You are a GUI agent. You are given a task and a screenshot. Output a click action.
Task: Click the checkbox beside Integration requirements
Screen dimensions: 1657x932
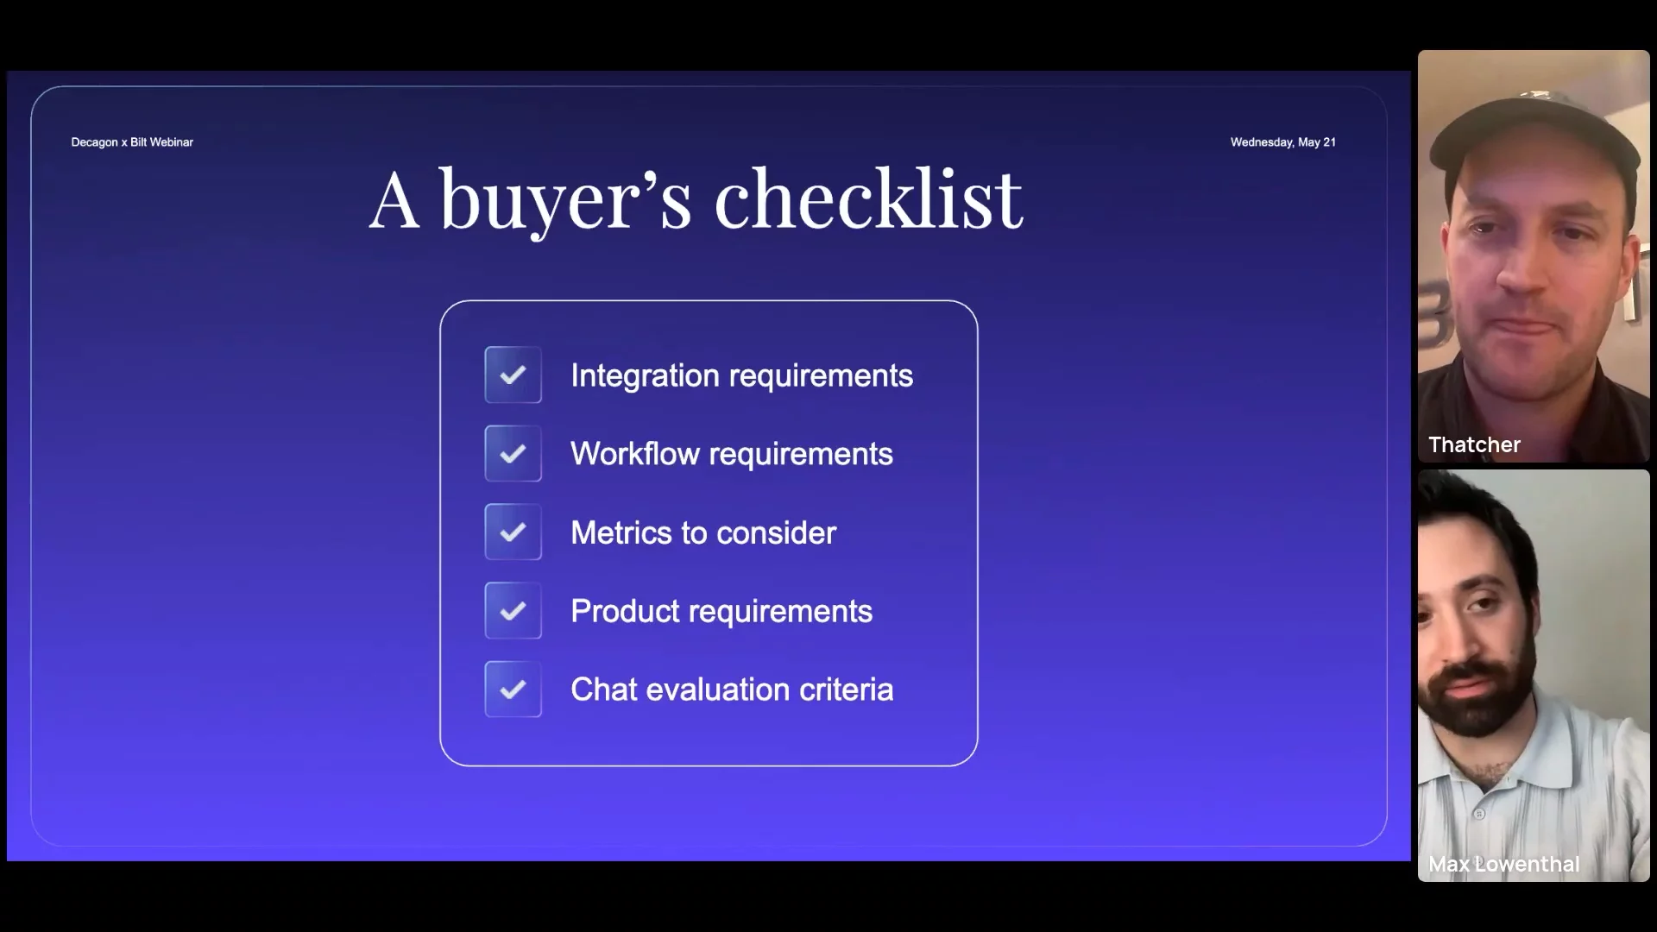(x=513, y=375)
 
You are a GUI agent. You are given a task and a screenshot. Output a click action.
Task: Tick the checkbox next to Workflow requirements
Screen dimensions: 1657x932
(x=513, y=453)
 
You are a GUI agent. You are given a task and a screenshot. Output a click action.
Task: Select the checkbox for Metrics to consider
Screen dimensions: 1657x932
(x=513, y=532)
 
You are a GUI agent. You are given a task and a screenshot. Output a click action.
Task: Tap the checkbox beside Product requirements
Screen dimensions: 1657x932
(x=513, y=610)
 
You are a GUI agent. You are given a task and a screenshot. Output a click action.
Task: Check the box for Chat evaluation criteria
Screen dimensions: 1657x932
(x=513, y=689)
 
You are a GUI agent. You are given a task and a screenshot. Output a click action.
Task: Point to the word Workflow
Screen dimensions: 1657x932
(x=635, y=454)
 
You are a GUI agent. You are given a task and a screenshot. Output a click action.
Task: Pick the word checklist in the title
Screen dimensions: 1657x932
(x=868, y=199)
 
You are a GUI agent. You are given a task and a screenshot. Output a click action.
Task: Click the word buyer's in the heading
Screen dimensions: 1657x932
(x=566, y=201)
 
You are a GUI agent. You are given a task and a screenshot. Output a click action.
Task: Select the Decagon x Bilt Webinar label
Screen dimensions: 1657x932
(x=132, y=142)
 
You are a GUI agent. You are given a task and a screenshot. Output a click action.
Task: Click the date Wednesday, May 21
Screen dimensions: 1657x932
(x=1283, y=142)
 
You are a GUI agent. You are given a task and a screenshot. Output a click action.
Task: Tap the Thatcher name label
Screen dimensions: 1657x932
(x=1474, y=444)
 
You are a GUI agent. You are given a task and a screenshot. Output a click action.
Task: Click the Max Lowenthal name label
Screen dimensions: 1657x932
(x=1504, y=864)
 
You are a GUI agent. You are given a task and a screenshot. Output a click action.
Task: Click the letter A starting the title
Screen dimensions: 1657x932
(x=395, y=200)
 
